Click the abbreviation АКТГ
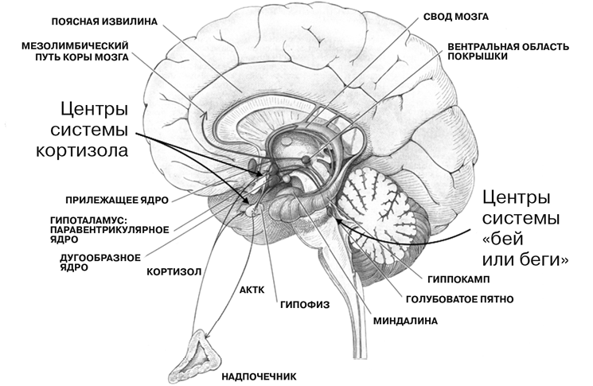(252, 290)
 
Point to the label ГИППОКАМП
(457, 280)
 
